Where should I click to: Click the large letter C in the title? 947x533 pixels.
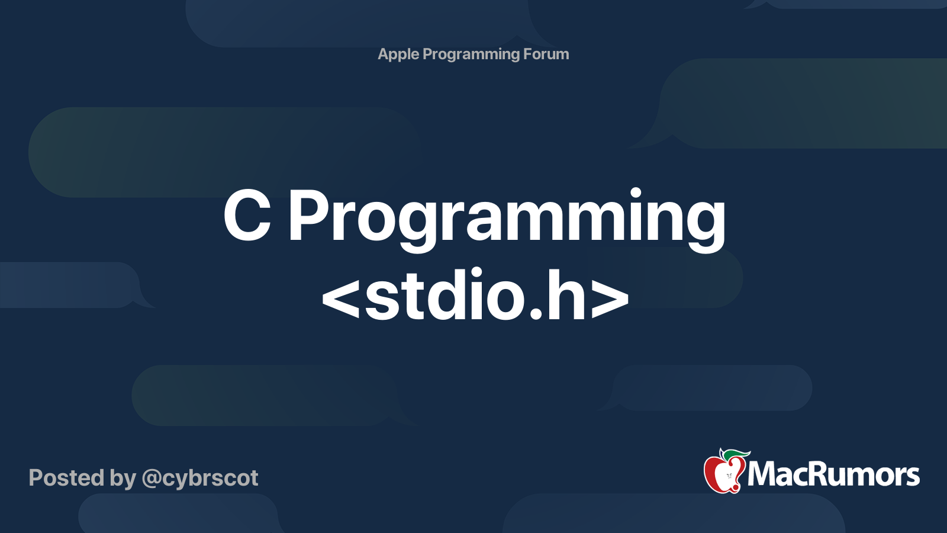click(x=247, y=216)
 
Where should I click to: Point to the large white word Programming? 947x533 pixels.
click(x=507, y=220)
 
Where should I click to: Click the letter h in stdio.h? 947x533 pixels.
click(x=566, y=294)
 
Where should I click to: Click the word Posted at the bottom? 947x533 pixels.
click(x=66, y=478)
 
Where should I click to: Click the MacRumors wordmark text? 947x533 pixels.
click(x=833, y=474)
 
